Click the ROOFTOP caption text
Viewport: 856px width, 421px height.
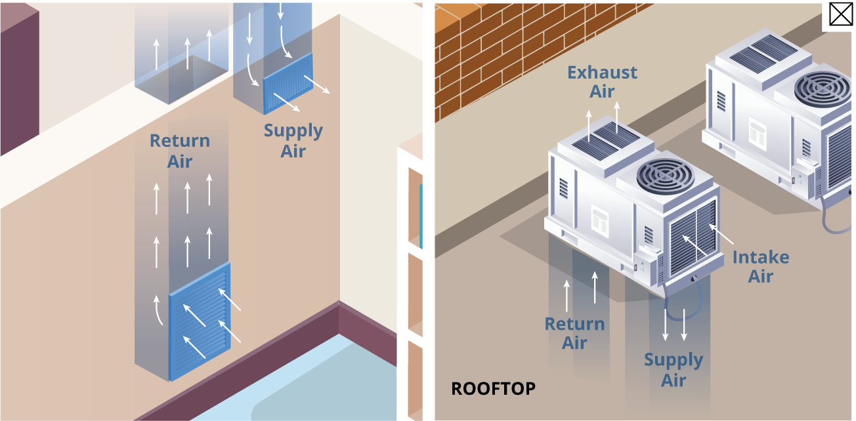494,389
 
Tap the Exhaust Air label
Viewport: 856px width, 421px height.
602,82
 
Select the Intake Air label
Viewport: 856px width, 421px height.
761,266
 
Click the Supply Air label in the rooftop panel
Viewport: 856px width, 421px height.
674,370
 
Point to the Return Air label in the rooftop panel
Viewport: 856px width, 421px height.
574,333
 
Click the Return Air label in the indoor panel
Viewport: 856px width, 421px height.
180,151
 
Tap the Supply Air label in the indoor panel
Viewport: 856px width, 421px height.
293,140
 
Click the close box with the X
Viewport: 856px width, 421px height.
841,15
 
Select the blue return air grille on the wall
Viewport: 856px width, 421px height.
200,321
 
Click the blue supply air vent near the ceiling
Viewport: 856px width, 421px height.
288,83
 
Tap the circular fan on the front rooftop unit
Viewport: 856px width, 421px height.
666,176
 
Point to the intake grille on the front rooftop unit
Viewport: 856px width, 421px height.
693,238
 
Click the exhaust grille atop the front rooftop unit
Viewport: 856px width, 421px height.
606,141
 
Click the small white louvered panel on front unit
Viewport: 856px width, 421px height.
599,220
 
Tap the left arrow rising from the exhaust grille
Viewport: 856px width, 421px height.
589,126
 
